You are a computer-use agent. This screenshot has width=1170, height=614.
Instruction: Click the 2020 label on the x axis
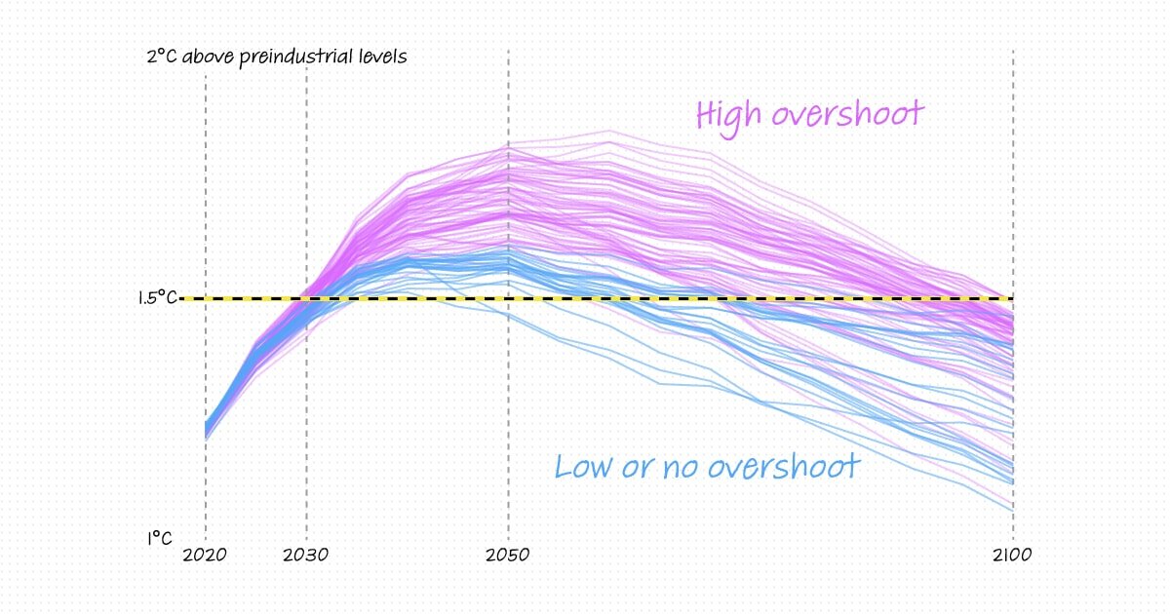pyautogui.click(x=205, y=556)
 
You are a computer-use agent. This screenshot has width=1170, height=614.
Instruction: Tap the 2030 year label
pyautogui.click(x=307, y=556)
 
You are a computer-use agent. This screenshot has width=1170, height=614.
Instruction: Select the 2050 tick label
pyautogui.click(x=508, y=556)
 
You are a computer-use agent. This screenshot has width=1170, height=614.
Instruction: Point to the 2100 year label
pyautogui.click(x=1013, y=556)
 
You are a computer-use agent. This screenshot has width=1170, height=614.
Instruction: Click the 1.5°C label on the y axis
pyautogui.click(x=157, y=297)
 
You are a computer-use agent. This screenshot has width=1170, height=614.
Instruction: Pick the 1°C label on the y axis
pyautogui.click(x=160, y=537)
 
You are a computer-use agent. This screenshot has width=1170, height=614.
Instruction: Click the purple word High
pyautogui.click(x=728, y=115)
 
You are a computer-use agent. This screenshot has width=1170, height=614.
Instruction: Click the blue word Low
pyautogui.click(x=584, y=466)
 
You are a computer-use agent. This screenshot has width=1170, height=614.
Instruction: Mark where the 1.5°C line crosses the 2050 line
pyautogui.click(x=508, y=298)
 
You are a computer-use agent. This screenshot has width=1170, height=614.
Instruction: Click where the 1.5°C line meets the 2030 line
pyautogui.click(x=307, y=298)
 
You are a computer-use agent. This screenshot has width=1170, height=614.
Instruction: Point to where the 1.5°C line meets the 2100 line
pyautogui.click(x=1013, y=298)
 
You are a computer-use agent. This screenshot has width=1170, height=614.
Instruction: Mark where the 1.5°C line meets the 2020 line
pyautogui.click(x=206, y=298)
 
